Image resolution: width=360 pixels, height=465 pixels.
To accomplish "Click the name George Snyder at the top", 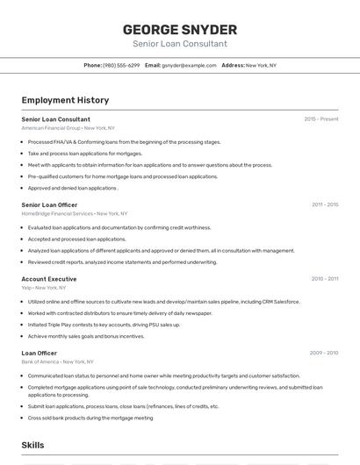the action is [179, 29].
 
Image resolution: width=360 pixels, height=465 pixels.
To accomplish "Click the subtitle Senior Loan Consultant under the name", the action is [179, 44].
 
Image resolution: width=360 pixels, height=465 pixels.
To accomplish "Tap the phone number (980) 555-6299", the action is [121, 65].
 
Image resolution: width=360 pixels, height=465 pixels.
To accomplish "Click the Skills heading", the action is [32, 446].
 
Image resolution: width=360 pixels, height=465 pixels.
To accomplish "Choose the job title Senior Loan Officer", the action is [49, 204].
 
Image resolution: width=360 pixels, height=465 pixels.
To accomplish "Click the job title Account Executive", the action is [49, 279].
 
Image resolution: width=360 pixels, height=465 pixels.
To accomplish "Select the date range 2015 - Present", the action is [321, 118].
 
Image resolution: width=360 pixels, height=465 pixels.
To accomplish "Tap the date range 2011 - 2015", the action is [325, 204].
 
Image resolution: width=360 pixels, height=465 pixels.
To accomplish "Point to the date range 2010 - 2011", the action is [325, 279].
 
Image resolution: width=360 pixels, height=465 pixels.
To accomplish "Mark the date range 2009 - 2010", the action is [325, 353].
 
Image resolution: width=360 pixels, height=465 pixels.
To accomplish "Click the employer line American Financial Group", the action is [68, 127].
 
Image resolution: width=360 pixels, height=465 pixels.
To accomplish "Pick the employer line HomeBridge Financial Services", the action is [74, 213].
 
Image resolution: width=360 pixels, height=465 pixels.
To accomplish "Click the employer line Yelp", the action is [43, 287].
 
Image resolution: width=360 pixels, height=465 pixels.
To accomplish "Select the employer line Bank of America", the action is [57, 361].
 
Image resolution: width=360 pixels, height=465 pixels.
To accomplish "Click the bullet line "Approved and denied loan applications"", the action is [72, 188].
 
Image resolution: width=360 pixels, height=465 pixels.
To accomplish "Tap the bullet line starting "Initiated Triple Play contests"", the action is [104, 325].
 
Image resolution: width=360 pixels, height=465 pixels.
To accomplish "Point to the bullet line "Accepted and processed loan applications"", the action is [76, 239].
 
